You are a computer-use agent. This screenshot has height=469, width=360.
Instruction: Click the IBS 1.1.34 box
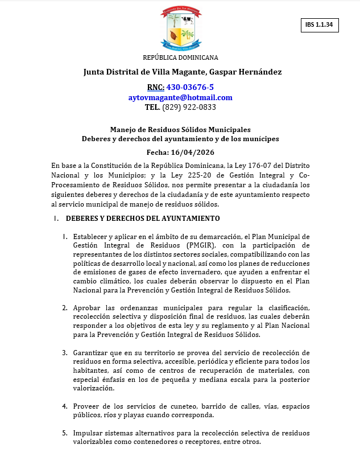pyautogui.click(x=319, y=25)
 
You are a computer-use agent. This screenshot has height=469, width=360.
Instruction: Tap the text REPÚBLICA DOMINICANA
pyautogui.click(x=180, y=57)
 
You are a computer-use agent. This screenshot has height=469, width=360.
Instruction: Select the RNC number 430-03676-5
pyautogui.click(x=190, y=87)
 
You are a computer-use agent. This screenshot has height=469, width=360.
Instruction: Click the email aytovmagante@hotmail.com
pyautogui.click(x=180, y=97)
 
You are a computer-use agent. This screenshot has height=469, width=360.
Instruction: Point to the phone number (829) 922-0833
pyautogui.click(x=189, y=107)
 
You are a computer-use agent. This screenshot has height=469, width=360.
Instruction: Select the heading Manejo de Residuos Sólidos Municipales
pyautogui.click(x=180, y=130)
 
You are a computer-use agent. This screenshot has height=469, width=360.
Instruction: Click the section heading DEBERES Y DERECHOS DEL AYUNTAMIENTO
pyautogui.click(x=142, y=219)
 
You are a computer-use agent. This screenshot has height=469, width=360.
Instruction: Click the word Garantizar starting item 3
pyautogui.click(x=92, y=353)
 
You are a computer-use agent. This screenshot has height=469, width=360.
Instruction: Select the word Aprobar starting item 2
pyautogui.click(x=88, y=308)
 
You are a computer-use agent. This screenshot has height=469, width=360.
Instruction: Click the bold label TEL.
pyautogui.click(x=152, y=107)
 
